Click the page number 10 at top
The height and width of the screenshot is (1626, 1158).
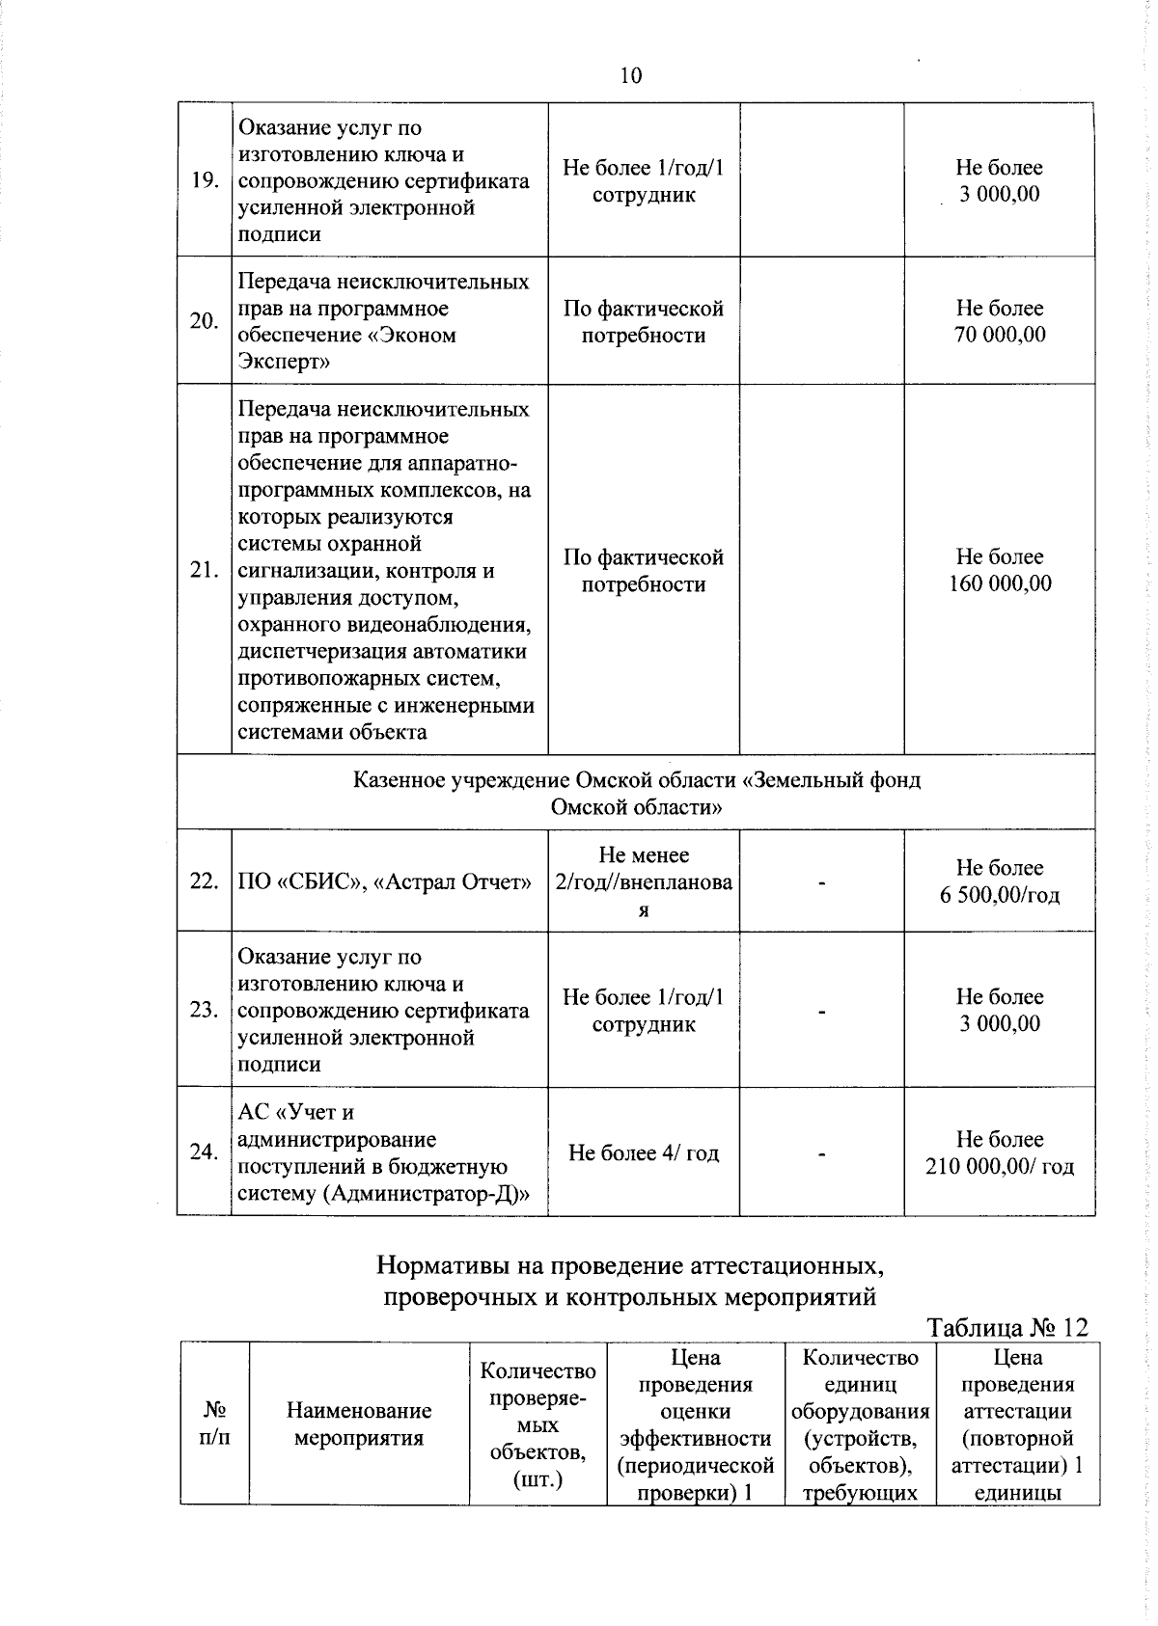(630, 76)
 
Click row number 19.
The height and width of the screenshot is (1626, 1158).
(204, 181)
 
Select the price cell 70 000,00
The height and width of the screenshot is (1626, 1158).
(1000, 322)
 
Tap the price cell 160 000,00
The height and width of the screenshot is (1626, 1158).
(1000, 571)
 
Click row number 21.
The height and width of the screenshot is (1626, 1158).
(204, 571)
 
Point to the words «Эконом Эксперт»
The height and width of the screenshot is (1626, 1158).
(347, 349)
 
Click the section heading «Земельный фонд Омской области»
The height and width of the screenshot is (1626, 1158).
(637, 793)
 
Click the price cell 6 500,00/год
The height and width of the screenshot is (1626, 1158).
(1000, 881)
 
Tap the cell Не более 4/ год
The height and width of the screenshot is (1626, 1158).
(644, 1153)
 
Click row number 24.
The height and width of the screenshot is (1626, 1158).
(204, 1152)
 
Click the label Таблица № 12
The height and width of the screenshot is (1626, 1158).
(1006, 1328)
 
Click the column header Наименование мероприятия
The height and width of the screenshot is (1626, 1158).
(359, 1424)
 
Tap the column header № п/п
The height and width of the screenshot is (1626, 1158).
(214, 1423)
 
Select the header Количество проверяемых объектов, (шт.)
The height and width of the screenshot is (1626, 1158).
(538, 1424)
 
